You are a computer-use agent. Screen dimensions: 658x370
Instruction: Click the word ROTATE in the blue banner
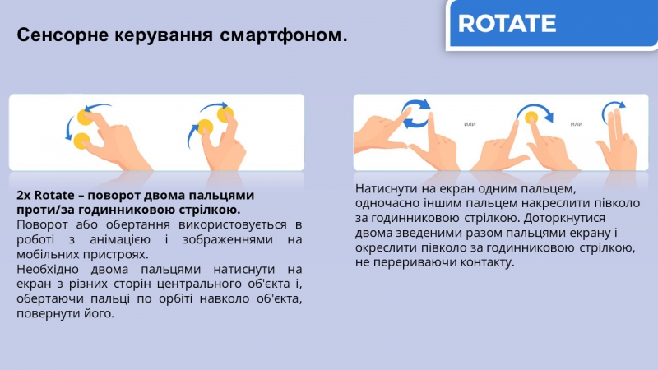pos(507,23)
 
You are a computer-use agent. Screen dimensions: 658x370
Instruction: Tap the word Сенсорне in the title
pos(63,35)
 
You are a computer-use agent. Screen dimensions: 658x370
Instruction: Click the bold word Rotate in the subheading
pos(54,195)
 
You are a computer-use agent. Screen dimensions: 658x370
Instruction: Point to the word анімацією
pos(120,239)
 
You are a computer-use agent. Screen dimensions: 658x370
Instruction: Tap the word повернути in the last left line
pos(46,313)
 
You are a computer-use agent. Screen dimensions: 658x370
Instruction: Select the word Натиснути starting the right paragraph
pos(386,189)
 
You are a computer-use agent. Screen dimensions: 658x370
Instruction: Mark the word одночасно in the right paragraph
pos(386,203)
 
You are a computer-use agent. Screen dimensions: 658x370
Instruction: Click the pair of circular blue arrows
pos(416,113)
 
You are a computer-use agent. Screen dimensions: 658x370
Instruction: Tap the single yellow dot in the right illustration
pos(531,118)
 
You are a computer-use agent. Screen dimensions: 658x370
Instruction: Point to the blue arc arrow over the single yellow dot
pos(535,106)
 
